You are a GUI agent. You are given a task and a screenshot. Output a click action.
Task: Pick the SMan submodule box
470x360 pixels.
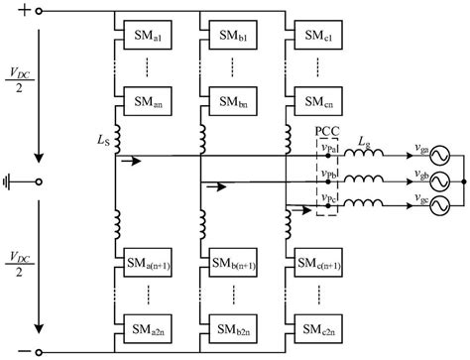click(143, 102)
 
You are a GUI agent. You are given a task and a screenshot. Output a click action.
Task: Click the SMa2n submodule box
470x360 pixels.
click(143, 324)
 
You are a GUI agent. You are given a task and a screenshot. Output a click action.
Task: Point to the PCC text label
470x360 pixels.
click(328, 131)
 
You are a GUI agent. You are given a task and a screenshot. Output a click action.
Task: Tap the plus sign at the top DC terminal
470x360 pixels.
click(20, 11)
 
